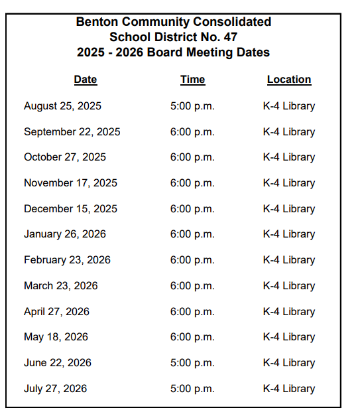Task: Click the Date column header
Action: pyautogui.click(x=85, y=80)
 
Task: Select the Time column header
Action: pyautogui.click(x=192, y=80)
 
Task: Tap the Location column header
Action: pyautogui.click(x=288, y=80)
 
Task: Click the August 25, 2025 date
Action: pyautogui.click(x=62, y=106)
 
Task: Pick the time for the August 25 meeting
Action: pyautogui.click(x=192, y=106)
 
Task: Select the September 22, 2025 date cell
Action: pyautogui.click(x=72, y=131)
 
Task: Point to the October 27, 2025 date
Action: pyautogui.click(x=64, y=157)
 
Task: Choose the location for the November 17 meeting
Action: pyautogui.click(x=288, y=183)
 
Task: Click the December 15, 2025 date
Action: pyautogui.click(x=70, y=208)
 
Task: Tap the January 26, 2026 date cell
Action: pyautogui.click(x=64, y=234)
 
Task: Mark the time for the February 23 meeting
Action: pyautogui.click(x=192, y=260)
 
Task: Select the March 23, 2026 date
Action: pyautogui.click(x=60, y=286)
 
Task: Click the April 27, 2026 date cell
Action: pyautogui.click(x=56, y=312)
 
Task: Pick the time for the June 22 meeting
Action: pyautogui.click(x=192, y=363)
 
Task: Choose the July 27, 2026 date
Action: pyautogui.click(x=55, y=389)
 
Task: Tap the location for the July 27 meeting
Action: pyautogui.click(x=288, y=389)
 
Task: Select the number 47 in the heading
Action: pyautogui.click(x=229, y=37)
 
